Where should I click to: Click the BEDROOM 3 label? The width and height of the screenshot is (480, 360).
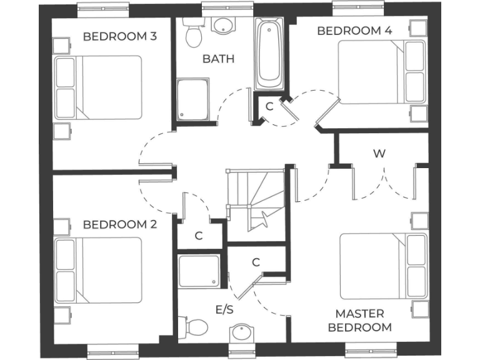point(120,36)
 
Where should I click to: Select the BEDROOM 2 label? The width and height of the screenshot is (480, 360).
point(120,224)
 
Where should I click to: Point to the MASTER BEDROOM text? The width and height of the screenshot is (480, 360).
point(360,320)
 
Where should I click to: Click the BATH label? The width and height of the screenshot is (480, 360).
point(218,59)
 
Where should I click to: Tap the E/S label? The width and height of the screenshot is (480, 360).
point(224,310)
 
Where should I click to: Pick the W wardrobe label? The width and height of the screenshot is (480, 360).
point(378,154)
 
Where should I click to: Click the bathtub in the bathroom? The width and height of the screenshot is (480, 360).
point(269,54)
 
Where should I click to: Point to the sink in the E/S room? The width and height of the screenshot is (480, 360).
point(241,334)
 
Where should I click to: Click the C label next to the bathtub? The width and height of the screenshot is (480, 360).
point(269,106)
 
